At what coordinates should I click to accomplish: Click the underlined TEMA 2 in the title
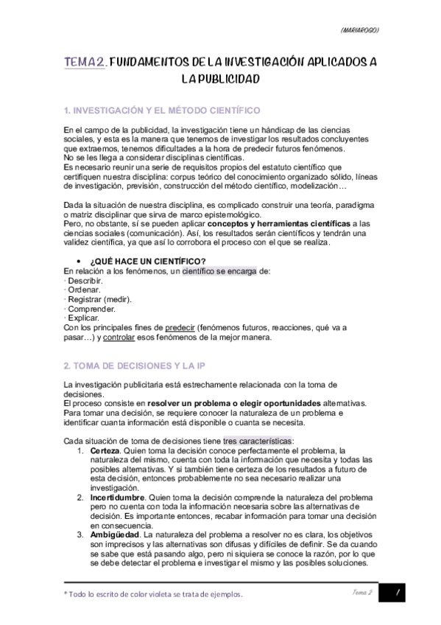[x=85, y=64]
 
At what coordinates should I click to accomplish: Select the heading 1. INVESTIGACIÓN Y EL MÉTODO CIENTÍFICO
[x=162, y=111]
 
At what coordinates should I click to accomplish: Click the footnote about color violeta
[x=153, y=594]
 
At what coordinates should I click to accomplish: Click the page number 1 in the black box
[x=397, y=593]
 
